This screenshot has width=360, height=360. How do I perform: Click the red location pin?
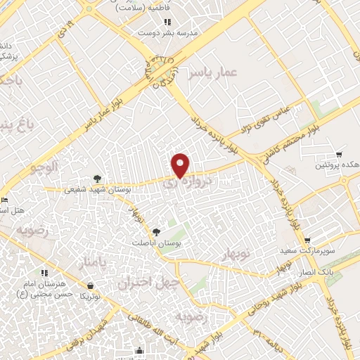pos(181,165)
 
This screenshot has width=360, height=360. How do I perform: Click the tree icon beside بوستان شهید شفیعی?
pos(97,179)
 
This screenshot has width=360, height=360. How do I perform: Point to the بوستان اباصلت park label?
pos(157,242)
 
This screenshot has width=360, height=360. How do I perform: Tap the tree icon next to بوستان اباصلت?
pos(156,231)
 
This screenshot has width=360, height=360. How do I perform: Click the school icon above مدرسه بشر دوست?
pos(167,22)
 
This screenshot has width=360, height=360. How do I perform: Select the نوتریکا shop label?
pos(90,297)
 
